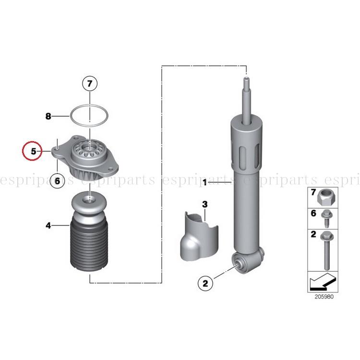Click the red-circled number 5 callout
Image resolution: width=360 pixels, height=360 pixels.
(x=32, y=151)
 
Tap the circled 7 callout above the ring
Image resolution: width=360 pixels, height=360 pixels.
(x=90, y=84)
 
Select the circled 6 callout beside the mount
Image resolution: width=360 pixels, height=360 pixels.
(x=57, y=181)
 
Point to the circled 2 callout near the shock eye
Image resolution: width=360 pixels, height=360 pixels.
(x=205, y=283)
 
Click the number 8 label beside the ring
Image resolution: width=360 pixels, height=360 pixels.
(x=48, y=116)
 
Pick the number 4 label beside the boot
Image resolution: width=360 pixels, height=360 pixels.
(x=48, y=226)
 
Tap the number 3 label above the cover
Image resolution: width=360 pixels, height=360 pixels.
(x=205, y=204)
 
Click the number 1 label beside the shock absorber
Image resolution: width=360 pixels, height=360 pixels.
(x=205, y=182)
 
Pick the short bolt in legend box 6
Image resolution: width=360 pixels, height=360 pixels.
(x=326, y=218)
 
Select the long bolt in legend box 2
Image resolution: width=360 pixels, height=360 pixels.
(x=327, y=250)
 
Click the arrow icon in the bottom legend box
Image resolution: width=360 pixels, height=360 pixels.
(x=323, y=282)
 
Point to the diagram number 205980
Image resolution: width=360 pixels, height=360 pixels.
(x=324, y=297)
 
